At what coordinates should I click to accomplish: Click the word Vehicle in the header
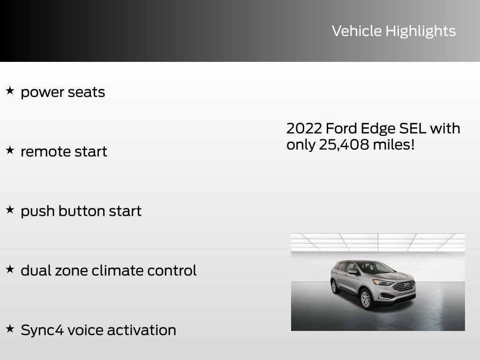[357, 31]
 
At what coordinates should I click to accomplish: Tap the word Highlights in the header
[420, 31]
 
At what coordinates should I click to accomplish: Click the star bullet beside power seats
[10, 90]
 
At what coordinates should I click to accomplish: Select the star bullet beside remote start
[10, 150]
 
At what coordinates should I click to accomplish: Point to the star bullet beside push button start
[10, 210]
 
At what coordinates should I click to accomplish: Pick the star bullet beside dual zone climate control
[10, 269]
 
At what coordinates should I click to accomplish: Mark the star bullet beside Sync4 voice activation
[10, 329]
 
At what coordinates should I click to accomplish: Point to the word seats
[86, 92]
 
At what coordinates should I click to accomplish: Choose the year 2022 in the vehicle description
[304, 128]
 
